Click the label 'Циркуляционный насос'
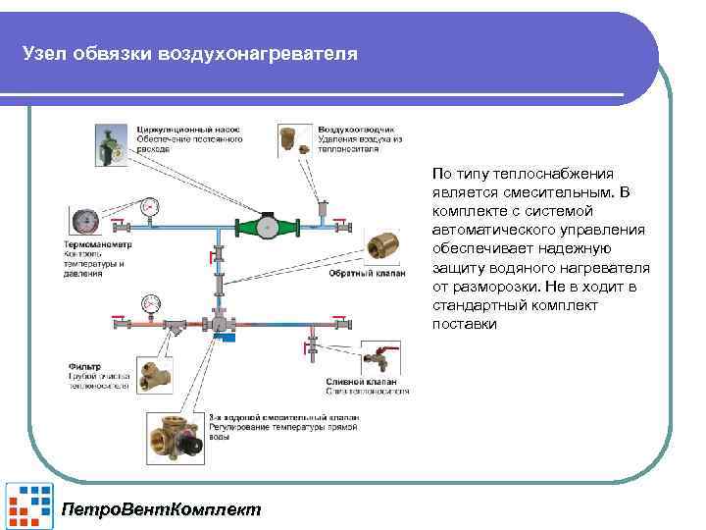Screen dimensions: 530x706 click(x=183, y=130)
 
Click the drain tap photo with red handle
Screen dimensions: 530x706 click(x=378, y=362)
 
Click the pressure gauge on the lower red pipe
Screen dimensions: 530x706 click(x=151, y=302)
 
